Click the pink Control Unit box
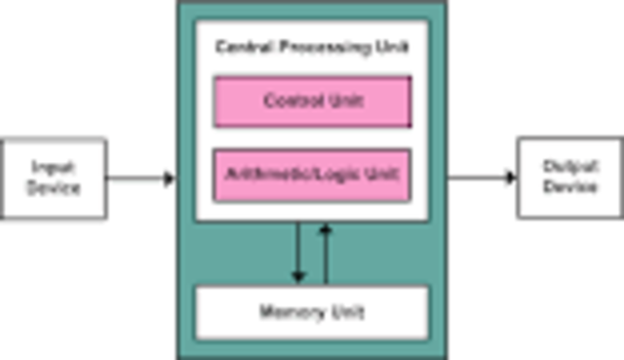[x=312, y=101]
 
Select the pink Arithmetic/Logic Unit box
[x=312, y=176]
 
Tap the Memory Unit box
[x=312, y=312]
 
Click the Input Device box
[x=54, y=178]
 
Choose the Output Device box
[x=569, y=178]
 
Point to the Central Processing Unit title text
[x=312, y=47]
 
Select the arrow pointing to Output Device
[x=481, y=178]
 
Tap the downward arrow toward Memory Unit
[x=299, y=254]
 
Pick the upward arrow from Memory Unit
[x=326, y=254]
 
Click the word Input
[x=54, y=168]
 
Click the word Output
[x=570, y=167]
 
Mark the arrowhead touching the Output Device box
[x=510, y=178]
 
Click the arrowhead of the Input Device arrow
[x=170, y=179]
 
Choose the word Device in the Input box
[x=54, y=187]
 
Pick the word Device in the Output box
[x=570, y=186]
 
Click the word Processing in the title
[x=311, y=47]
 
